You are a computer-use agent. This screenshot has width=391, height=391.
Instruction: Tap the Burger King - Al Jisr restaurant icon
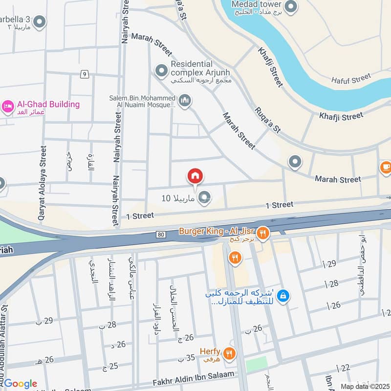263,233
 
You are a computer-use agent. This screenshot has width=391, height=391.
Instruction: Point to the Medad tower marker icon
291,7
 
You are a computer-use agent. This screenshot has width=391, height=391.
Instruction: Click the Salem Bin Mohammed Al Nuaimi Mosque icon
184,101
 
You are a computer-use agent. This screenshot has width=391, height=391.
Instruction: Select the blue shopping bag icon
283,295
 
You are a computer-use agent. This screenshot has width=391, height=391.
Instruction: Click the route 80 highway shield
161,235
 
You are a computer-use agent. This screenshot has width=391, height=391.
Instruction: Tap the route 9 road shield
85,74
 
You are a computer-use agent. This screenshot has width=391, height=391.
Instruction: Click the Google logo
21,384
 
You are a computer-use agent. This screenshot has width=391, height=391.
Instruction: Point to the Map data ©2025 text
364,386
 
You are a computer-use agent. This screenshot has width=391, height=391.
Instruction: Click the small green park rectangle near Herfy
256,364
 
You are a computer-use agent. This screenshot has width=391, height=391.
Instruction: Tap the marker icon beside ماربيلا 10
205,197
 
